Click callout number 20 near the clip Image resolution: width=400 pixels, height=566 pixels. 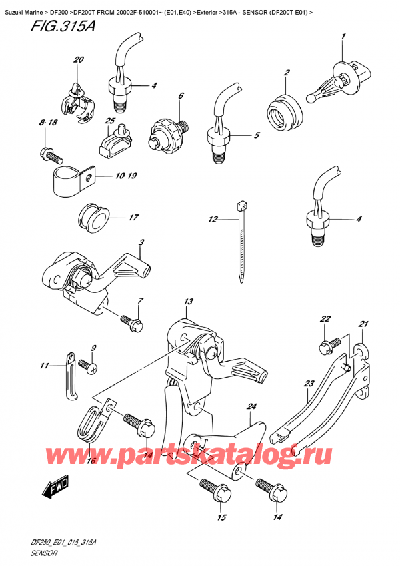[x=79, y=61]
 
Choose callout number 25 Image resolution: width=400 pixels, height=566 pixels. [x=111, y=121]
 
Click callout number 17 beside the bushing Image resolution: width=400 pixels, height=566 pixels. [x=133, y=218]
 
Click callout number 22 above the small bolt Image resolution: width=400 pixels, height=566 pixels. [x=325, y=319]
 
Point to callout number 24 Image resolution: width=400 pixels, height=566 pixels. [x=251, y=405]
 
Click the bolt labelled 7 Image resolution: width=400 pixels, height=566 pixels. [x=128, y=324]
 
